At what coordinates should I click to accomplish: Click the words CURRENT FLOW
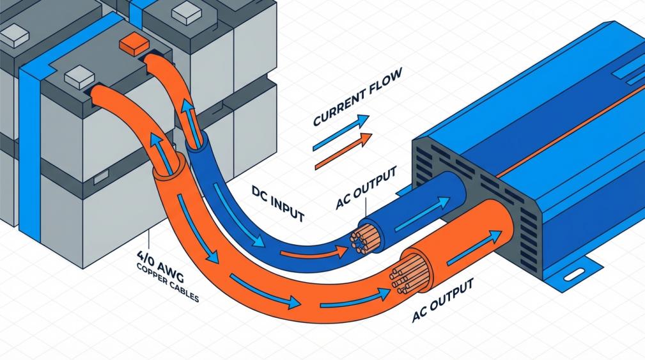point(358,97)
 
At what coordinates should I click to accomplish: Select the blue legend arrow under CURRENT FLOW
point(341,132)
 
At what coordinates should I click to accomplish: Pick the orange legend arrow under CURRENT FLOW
point(343,151)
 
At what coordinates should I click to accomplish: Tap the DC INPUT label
point(278,203)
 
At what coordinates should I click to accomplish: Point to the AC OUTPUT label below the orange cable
point(443,300)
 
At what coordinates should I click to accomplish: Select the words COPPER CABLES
point(167,284)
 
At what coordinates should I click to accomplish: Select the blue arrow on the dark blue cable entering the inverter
point(423,214)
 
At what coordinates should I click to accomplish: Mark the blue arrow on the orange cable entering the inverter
point(474,248)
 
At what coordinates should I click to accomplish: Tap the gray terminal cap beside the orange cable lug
point(80,77)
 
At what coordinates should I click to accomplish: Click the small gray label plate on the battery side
point(101,177)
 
